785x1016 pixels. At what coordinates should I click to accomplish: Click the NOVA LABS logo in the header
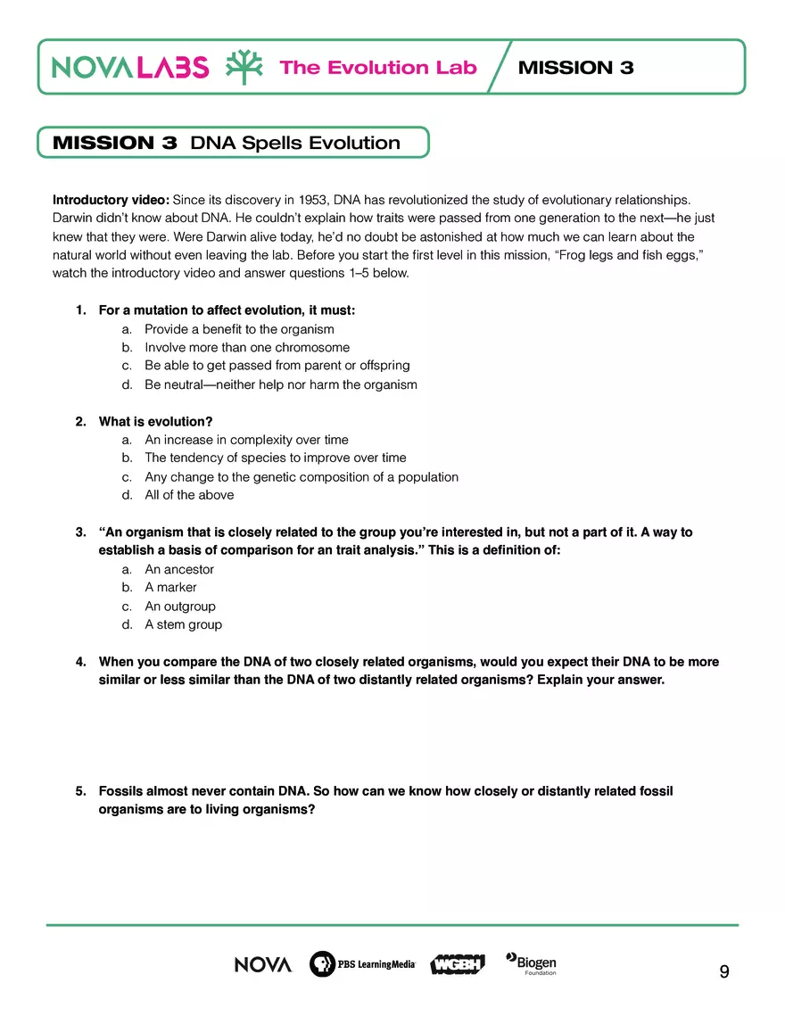point(130,67)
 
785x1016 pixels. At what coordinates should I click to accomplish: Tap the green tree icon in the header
point(244,67)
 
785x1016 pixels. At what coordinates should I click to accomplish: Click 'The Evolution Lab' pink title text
point(378,68)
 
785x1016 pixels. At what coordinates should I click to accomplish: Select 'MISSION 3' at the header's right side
point(575,68)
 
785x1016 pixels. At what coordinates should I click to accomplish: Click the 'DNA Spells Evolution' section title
point(295,143)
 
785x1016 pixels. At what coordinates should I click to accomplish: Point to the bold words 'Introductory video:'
point(111,199)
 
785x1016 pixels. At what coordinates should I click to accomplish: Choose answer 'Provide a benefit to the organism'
point(239,329)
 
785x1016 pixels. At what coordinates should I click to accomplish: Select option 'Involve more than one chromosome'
point(247,347)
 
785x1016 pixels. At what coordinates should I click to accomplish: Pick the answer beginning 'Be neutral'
point(281,384)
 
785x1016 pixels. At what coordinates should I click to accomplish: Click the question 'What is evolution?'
point(155,421)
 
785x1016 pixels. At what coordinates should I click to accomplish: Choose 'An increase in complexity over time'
point(246,440)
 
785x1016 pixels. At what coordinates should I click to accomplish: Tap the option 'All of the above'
point(189,495)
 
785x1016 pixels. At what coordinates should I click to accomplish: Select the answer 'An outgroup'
point(180,607)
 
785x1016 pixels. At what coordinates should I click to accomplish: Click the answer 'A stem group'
point(183,624)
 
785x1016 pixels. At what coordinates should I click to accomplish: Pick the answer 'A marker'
point(170,587)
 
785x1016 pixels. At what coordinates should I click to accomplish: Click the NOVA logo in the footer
point(263,964)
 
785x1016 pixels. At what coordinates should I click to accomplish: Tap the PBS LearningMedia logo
point(362,964)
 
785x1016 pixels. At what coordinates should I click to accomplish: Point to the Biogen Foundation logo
point(532,963)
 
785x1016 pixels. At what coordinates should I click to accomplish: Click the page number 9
point(723,971)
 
